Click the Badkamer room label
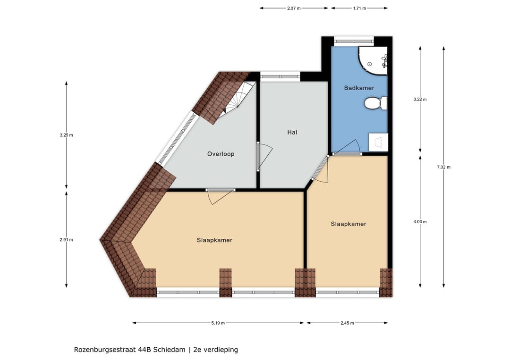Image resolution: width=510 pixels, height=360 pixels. pyautogui.click(x=359, y=88)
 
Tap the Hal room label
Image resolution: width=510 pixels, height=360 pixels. pyautogui.click(x=292, y=133)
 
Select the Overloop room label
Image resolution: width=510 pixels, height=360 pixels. pyautogui.click(x=221, y=154)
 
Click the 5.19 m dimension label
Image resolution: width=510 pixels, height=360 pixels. pyautogui.click(x=218, y=323)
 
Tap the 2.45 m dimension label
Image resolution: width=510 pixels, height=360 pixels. pyautogui.click(x=347, y=323)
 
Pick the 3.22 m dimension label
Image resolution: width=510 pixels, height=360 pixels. pyautogui.click(x=420, y=100)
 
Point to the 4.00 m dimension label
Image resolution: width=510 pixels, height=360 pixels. pyautogui.click(x=420, y=222)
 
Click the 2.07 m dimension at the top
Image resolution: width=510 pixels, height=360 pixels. pyautogui.click(x=294, y=8)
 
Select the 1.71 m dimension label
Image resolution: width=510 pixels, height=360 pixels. pyautogui.click(x=359, y=8)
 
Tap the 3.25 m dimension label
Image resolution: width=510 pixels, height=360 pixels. pyautogui.click(x=66, y=135)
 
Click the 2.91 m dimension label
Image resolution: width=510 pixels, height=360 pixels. pyautogui.click(x=66, y=240)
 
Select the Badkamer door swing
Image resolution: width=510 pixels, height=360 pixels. pyautogui.click(x=348, y=148)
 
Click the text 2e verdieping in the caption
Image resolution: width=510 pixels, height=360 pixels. pyautogui.click(x=216, y=350)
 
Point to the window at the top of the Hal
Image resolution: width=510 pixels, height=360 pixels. pyautogui.click(x=280, y=76)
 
